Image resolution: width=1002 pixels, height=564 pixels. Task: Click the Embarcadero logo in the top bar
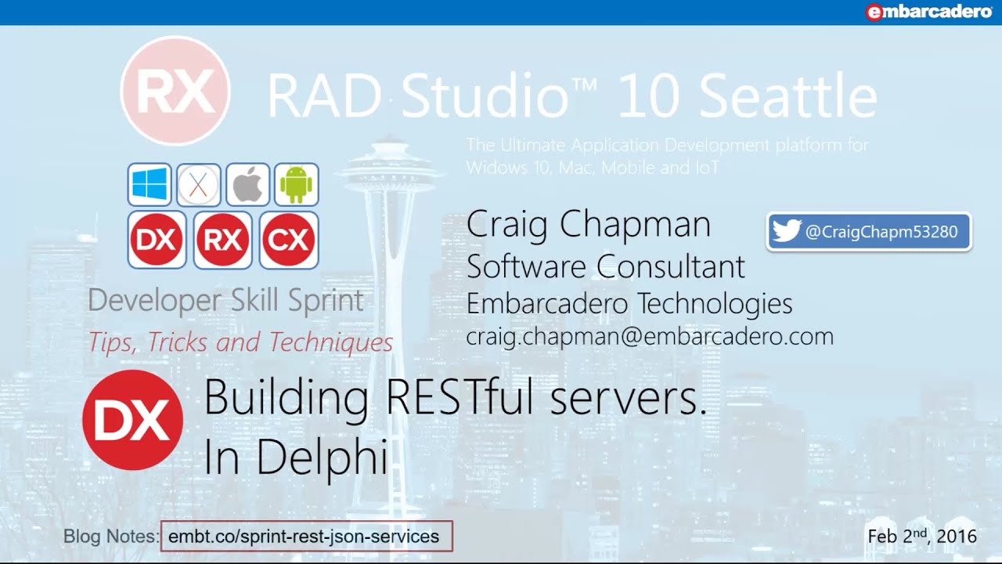(x=929, y=12)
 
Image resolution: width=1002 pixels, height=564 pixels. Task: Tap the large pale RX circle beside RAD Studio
(x=175, y=91)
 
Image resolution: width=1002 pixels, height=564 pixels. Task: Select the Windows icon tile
(x=150, y=184)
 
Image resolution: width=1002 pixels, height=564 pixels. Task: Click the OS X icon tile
(x=198, y=184)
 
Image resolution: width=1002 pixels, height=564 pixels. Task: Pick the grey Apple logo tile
(x=247, y=184)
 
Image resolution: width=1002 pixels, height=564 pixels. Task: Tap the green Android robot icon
(x=297, y=184)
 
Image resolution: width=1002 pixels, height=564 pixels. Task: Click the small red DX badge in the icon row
(x=157, y=240)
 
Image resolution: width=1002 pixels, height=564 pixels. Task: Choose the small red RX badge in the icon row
(x=223, y=240)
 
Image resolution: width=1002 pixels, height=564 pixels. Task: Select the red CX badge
(x=289, y=240)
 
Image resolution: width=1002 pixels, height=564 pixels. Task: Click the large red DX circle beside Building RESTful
(x=133, y=420)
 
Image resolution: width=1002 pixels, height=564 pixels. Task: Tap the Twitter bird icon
(x=787, y=231)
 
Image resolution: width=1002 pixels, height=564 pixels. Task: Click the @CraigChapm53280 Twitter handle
(x=881, y=232)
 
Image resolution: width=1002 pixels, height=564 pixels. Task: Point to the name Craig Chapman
(x=588, y=224)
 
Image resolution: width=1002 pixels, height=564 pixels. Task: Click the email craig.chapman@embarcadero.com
(x=650, y=337)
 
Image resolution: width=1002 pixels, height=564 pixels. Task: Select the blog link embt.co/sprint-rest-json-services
(x=304, y=537)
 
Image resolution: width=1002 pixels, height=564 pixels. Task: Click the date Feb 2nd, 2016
(x=922, y=535)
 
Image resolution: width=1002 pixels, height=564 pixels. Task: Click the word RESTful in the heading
(x=460, y=396)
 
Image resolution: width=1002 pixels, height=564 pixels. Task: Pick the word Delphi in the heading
(x=321, y=457)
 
